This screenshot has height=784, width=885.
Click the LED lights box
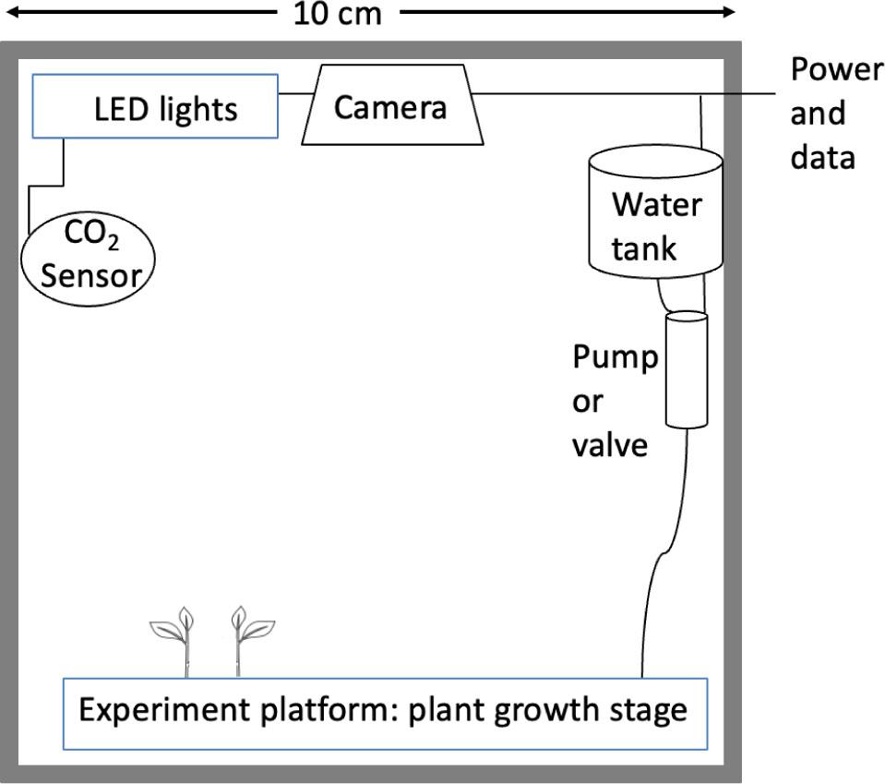155,106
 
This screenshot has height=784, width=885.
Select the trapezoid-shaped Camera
392,105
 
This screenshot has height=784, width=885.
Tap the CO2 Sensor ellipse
88,259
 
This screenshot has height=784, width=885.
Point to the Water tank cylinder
655,211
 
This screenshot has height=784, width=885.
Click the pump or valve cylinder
687,369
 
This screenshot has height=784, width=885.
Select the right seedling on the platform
252,641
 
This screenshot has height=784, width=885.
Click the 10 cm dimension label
338,14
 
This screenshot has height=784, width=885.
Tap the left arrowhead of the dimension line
11,12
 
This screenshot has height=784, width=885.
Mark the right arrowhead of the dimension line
728,12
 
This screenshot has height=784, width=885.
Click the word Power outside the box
837,70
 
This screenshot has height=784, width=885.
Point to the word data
822,157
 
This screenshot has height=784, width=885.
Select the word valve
610,445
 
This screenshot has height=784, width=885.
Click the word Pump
616,358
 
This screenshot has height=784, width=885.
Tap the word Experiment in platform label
164,710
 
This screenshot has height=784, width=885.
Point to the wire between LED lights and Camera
295,93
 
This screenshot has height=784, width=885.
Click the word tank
643,248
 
